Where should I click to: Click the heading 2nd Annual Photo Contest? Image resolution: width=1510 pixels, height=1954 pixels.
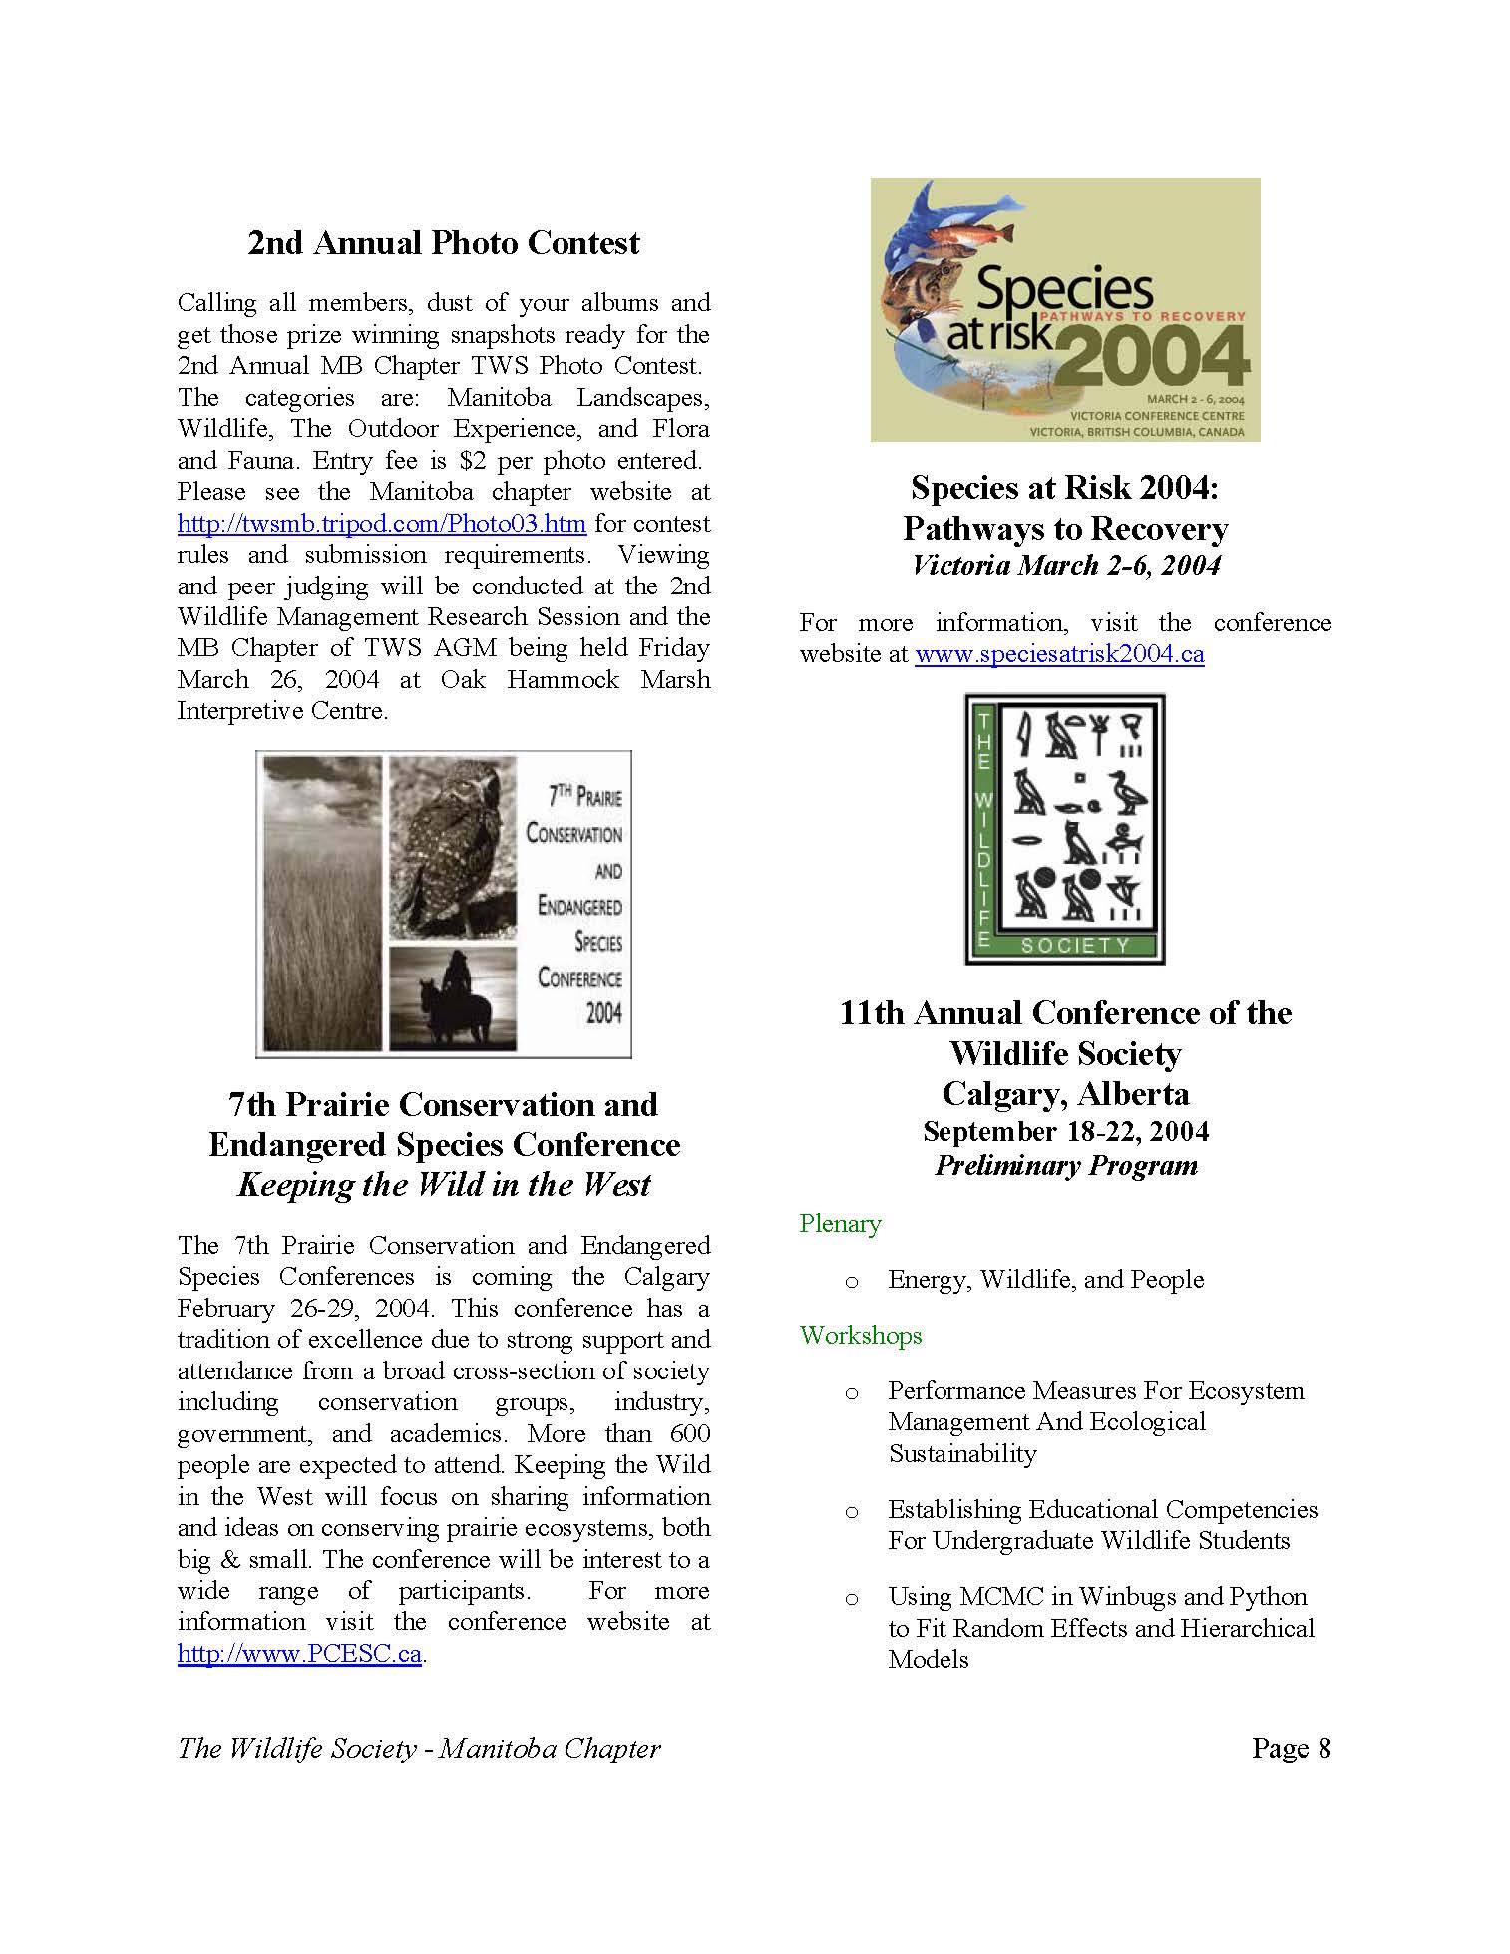(444, 243)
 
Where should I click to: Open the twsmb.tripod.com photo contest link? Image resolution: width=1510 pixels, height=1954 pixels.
(381, 524)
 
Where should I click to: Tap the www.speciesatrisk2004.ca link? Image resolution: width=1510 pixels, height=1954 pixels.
(1058, 655)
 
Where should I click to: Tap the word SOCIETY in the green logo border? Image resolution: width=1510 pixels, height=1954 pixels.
(1075, 945)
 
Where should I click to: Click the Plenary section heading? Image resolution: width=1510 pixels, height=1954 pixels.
(840, 1224)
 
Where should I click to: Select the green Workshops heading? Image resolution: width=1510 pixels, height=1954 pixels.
(861, 1336)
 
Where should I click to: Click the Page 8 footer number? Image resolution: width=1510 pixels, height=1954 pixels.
(1291, 1748)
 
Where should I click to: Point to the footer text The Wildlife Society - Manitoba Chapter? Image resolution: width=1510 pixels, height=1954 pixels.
(419, 1749)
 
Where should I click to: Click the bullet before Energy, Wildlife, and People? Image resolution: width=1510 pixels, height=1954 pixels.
(851, 1281)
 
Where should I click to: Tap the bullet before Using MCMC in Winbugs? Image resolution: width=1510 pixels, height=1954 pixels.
(851, 1599)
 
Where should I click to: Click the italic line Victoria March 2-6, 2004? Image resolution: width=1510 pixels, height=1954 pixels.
(1065, 566)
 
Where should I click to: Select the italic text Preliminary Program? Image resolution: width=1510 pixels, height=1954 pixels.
(1065, 1166)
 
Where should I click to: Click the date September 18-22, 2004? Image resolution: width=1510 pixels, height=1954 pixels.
(1065, 1131)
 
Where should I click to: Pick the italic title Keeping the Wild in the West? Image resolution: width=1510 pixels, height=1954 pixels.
(444, 1185)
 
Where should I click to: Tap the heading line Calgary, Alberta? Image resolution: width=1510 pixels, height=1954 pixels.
(1065, 1094)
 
